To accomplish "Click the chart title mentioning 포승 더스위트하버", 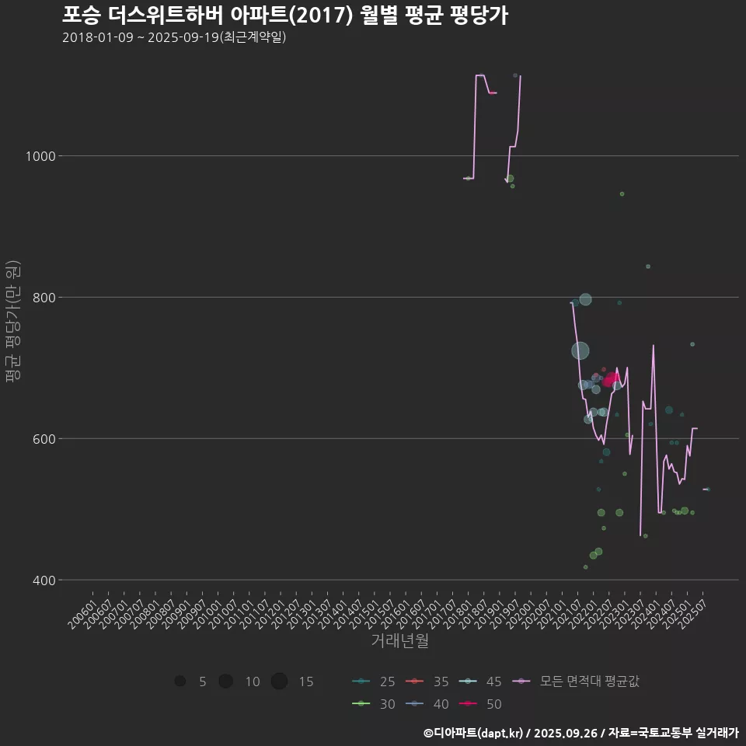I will (284, 16).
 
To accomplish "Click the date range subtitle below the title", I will (174, 37).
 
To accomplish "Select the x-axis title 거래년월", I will (400, 640).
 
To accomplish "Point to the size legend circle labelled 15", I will (280, 682).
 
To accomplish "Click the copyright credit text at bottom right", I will (580, 733).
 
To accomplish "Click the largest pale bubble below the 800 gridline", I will (580, 350).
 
